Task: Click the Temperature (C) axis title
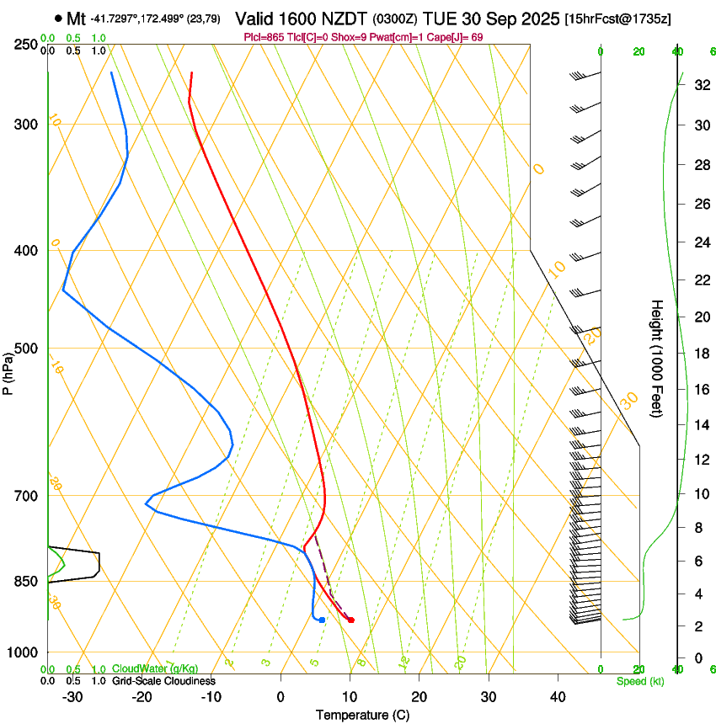click(x=362, y=715)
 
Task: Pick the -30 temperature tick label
click(x=72, y=697)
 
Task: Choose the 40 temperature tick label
click(x=557, y=697)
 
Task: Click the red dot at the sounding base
click(x=351, y=620)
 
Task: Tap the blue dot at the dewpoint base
click(x=322, y=620)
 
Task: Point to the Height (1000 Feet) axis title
click(x=657, y=358)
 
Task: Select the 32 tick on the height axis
click(x=699, y=85)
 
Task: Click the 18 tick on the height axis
click(x=699, y=354)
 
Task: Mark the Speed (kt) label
click(x=639, y=681)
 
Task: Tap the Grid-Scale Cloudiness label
click(x=163, y=681)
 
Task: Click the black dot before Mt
click(x=57, y=18)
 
